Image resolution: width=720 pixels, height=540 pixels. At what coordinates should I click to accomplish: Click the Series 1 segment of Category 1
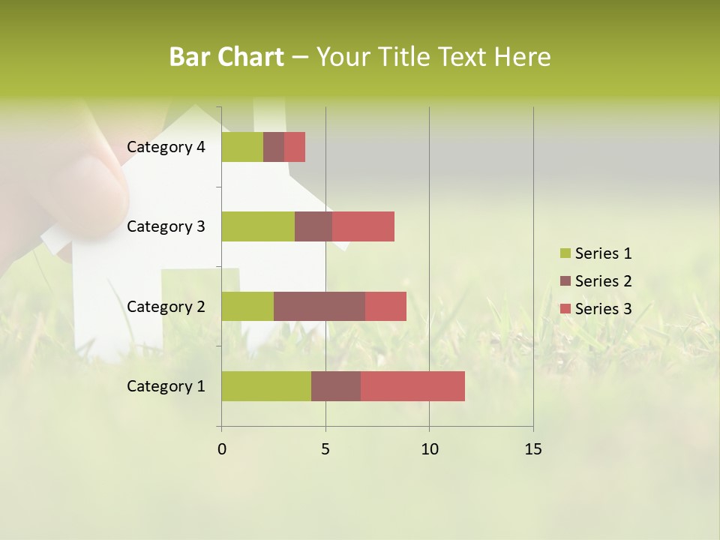[266, 386]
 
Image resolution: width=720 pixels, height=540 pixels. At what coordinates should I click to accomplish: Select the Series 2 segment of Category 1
[336, 386]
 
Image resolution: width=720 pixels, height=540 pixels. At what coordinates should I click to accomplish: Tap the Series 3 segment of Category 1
[412, 386]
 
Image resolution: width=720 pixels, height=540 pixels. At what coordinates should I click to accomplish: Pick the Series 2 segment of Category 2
[319, 306]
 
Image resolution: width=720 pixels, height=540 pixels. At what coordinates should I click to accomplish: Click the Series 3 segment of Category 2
[385, 306]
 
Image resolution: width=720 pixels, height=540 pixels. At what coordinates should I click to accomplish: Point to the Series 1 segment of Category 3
[258, 226]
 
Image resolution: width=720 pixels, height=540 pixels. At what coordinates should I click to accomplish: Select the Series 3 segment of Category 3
[363, 226]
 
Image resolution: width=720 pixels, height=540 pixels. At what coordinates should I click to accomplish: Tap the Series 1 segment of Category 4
[242, 147]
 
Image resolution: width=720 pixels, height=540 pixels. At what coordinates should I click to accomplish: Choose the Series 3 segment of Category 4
[295, 147]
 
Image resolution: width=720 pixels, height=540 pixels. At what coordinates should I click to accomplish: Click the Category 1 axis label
[165, 386]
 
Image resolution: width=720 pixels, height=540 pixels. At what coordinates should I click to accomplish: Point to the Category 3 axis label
[165, 226]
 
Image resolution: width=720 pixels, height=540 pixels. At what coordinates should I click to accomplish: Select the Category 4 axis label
[165, 147]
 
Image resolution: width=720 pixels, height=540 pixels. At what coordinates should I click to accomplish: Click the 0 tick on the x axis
[221, 449]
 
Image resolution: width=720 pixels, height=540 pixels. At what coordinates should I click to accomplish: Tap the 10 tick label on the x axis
[429, 449]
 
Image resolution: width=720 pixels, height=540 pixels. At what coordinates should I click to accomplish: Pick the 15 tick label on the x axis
[533, 449]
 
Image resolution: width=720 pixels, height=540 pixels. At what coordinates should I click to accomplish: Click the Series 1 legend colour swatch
[565, 253]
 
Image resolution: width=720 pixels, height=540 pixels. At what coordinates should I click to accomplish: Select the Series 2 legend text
[603, 281]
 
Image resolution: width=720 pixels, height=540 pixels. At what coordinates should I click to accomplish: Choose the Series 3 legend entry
[596, 309]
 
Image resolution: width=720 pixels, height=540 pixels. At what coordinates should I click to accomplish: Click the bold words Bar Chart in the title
[226, 57]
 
